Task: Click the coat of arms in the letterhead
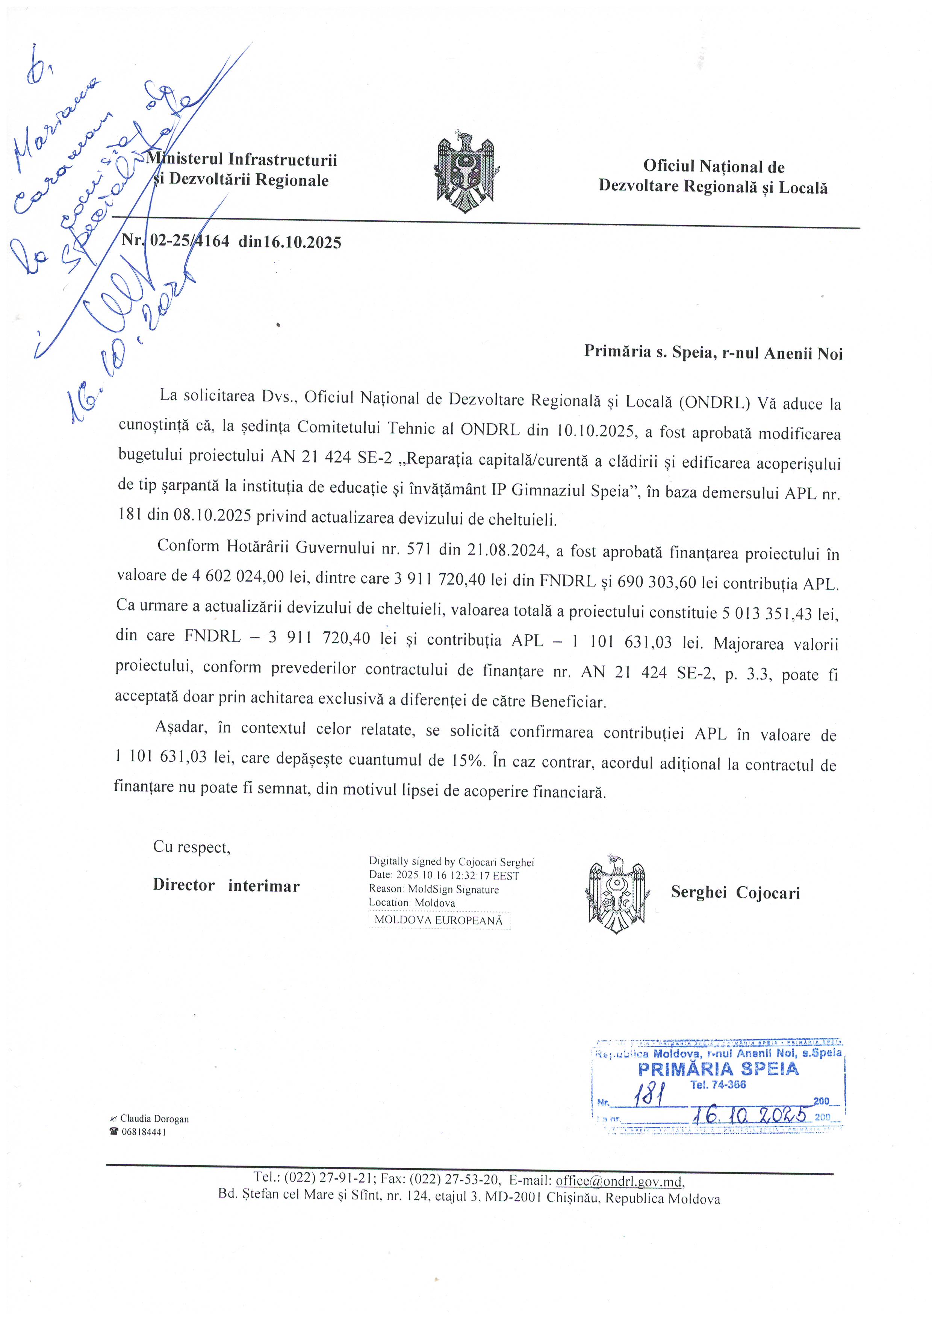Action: [465, 171]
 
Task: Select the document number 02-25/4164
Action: [189, 241]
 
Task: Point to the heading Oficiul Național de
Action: [713, 167]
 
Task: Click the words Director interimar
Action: [226, 885]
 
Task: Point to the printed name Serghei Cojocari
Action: [735, 892]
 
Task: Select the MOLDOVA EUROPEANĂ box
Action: [438, 920]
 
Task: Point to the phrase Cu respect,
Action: [191, 847]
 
